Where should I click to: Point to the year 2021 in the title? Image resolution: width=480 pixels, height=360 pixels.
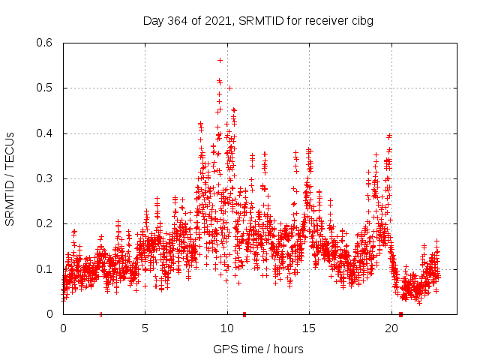point(216,20)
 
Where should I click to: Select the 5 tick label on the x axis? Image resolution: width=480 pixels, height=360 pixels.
point(145,328)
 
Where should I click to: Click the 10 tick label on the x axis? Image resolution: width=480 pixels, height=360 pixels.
point(227,328)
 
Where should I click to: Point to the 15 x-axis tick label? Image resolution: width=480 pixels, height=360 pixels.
point(310,328)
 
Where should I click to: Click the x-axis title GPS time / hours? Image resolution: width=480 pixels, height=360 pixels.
point(258,349)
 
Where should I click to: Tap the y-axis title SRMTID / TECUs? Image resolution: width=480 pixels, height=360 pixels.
point(10,178)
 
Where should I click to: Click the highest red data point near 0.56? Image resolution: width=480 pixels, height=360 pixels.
point(220,60)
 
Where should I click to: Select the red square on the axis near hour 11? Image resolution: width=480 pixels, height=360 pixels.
point(244,314)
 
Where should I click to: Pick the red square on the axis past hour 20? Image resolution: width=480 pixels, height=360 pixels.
point(401,314)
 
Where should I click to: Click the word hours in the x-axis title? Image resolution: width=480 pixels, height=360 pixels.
point(288,349)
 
